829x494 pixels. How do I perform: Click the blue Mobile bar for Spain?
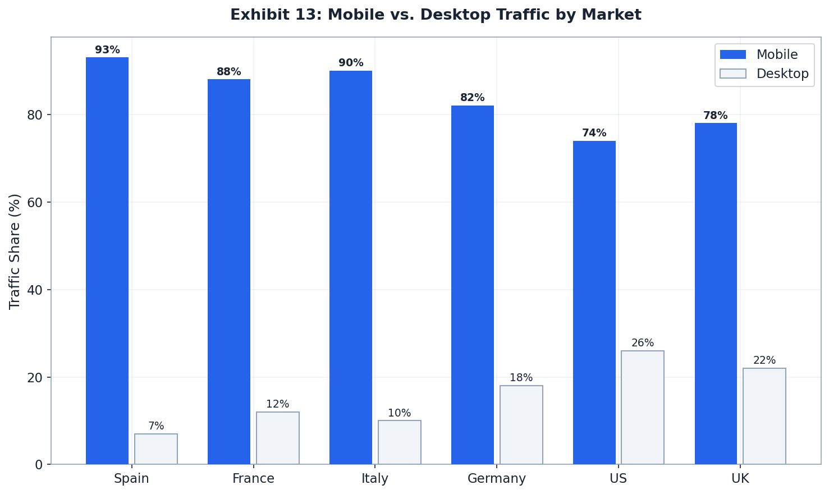pyautogui.click(x=107, y=260)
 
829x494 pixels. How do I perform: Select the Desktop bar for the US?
pyautogui.click(x=643, y=408)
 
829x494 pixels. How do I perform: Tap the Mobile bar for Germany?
pyautogui.click(x=473, y=285)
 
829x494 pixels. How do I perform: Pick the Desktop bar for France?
pyautogui.click(x=278, y=438)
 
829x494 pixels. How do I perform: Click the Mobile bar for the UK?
pyautogui.click(x=716, y=294)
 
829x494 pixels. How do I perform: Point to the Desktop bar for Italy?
pyautogui.click(x=400, y=442)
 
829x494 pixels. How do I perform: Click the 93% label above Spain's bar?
pyautogui.click(x=107, y=50)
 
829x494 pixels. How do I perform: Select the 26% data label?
pyautogui.click(x=643, y=343)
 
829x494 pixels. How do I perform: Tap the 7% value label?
pyautogui.click(x=156, y=426)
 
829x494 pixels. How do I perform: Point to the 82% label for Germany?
pyautogui.click(x=473, y=98)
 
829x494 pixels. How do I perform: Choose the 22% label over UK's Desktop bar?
pyautogui.click(x=764, y=360)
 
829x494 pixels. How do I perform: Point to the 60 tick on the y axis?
pyautogui.click(x=35, y=202)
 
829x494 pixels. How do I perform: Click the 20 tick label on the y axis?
pyautogui.click(x=35, y=377)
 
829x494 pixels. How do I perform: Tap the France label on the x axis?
pyautogui.click(x=254, y=479)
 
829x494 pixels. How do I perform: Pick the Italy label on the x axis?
pyautogui.click(x=375, y=479)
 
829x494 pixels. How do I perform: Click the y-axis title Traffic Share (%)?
pyautogui.click(x=15, y=251)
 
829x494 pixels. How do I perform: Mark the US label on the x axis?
pyautogui.click(x=618, y=479)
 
